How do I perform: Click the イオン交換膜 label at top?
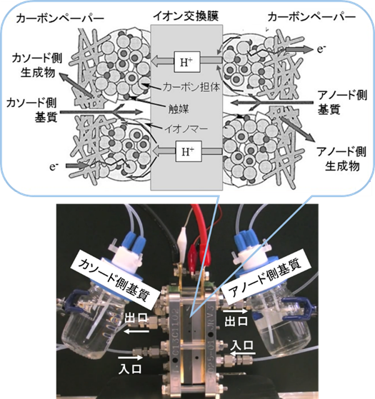[186, 16]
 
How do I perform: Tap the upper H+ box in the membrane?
[187, 62]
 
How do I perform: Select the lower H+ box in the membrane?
[189, 151]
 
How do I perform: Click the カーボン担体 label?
[191, 87]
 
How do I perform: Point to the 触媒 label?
[179, 109]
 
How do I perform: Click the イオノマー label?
[186, 128]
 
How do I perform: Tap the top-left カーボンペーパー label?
[60, 19]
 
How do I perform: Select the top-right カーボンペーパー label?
[311, 17]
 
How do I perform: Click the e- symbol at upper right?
[321, 49]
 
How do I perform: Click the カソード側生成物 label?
[37, 66]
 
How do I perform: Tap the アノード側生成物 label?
[341, 158]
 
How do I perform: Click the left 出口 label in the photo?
[136, 318]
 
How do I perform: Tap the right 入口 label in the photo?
[242, 345]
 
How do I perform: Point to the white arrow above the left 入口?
[130, 358]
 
